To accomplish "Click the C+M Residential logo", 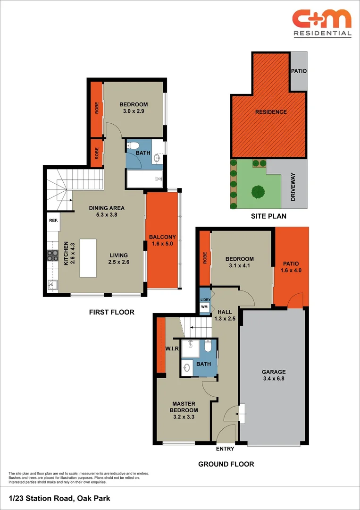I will click(x=322, y=22).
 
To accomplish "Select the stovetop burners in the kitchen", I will click(x=52, y=255).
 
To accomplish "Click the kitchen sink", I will click(x=52, y=285).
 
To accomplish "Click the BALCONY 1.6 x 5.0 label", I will click(x=162, y=241).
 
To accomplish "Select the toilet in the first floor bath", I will click(x=134, y=145).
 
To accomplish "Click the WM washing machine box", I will click(x=204, y=307).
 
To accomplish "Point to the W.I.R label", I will click(x=171, y=349).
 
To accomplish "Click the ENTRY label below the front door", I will click(x=225, y=449).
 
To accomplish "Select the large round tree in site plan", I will click(x=258, y=192).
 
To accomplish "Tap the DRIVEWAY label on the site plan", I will click(x=293, y=187).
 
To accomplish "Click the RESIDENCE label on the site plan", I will click(x=271, y=112).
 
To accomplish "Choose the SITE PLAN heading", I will click(x=268, y=216).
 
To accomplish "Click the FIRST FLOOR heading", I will click(x=112, y=312).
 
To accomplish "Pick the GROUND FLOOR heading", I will click(x=226, y=464).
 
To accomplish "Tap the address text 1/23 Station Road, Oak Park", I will click(x=59, y=498).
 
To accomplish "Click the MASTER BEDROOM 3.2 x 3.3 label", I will click(x=184, y=407).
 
